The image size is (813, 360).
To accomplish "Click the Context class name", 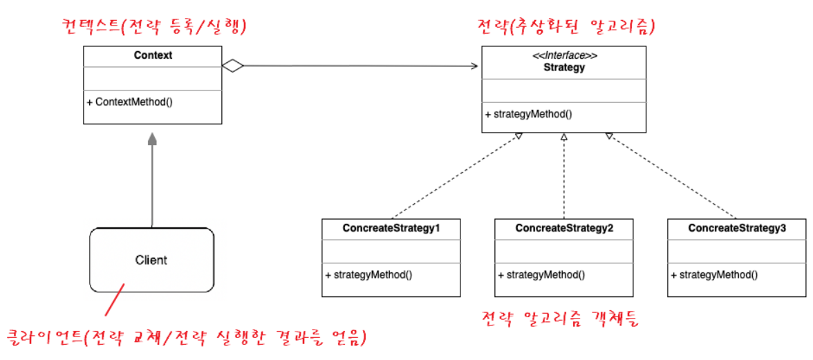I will [x=153, y=55].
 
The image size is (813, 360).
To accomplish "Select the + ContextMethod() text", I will [x=130, y=102].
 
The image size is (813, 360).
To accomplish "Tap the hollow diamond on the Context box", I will [x=233, y=66].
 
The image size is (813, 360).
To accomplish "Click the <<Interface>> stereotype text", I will [x=563, y=56].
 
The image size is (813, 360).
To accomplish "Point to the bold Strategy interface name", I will [x=563, y=68].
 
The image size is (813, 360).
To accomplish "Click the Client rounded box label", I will [x=151, y=260].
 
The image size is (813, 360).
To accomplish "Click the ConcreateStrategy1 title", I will [x=391, y=228].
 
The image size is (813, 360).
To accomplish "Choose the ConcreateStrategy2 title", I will [x=563, y=228].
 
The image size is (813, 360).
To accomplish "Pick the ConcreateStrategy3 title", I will [x=736, y=228].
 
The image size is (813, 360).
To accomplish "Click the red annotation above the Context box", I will [x=154, y=26].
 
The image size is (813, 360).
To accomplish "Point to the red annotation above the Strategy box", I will [x=566, y=26].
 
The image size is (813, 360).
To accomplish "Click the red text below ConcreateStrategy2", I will [x=561, y=319].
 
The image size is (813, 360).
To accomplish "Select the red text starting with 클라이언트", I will [x=185, y=338].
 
